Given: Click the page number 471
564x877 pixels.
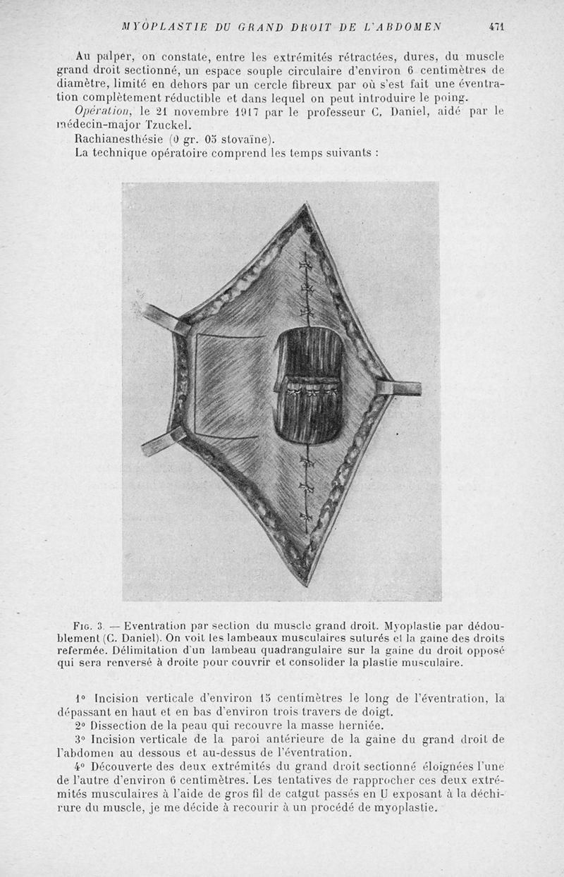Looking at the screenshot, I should [498, 27].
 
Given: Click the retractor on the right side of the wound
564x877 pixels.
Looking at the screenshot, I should [400, 387].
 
